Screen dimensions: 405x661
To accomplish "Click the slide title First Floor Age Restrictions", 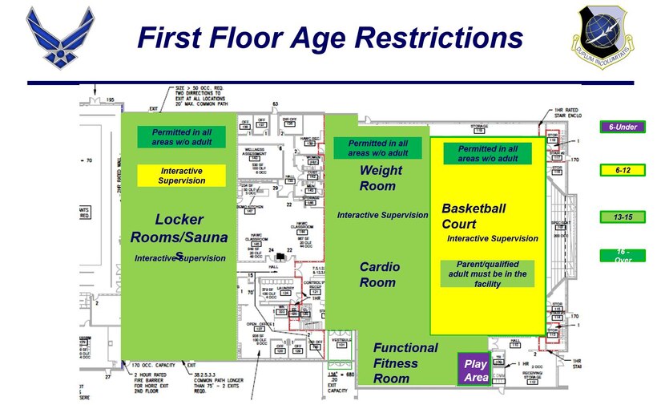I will point(329,38).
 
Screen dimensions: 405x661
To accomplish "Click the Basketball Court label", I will point(474,216).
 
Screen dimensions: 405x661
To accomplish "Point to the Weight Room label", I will point(377,178).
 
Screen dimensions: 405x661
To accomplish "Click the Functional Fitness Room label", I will point(405,362).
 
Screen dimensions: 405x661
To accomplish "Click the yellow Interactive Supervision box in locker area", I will point(183,176).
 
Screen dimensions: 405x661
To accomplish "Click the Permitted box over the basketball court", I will point(486,153).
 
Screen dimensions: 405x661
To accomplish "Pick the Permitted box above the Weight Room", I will point(377,148).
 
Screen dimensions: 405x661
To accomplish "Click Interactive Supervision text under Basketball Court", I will point(492,238).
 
